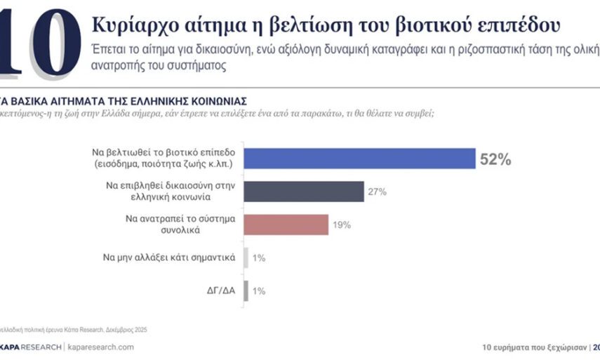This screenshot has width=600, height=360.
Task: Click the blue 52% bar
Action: click(x=361, y=159)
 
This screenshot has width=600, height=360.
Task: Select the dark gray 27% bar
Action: click(x=305, y=192)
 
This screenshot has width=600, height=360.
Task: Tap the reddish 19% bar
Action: click(x=288, y=225)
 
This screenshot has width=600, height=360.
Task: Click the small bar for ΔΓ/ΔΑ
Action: click(x=246, y=291)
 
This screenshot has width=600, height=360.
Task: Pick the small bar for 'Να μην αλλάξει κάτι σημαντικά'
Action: click(x=246, y=258)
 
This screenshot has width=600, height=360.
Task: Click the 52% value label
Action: click(x=495, y=159)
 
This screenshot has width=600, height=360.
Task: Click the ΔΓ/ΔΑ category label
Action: click(x=218, y=291)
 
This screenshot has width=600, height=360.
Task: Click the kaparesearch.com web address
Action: click(x=100, y=347)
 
